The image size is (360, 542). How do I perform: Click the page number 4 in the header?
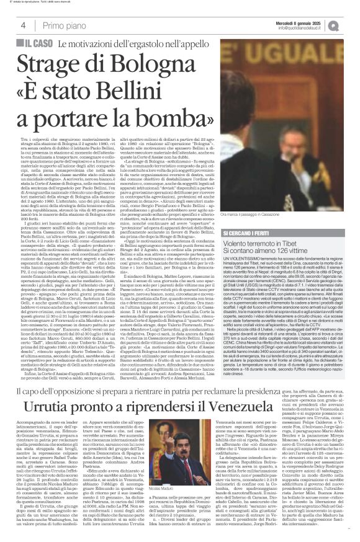click(23, 25)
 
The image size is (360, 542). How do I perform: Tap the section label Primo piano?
click(65, 25)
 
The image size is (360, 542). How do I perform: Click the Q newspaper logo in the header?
click(351, 25)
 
